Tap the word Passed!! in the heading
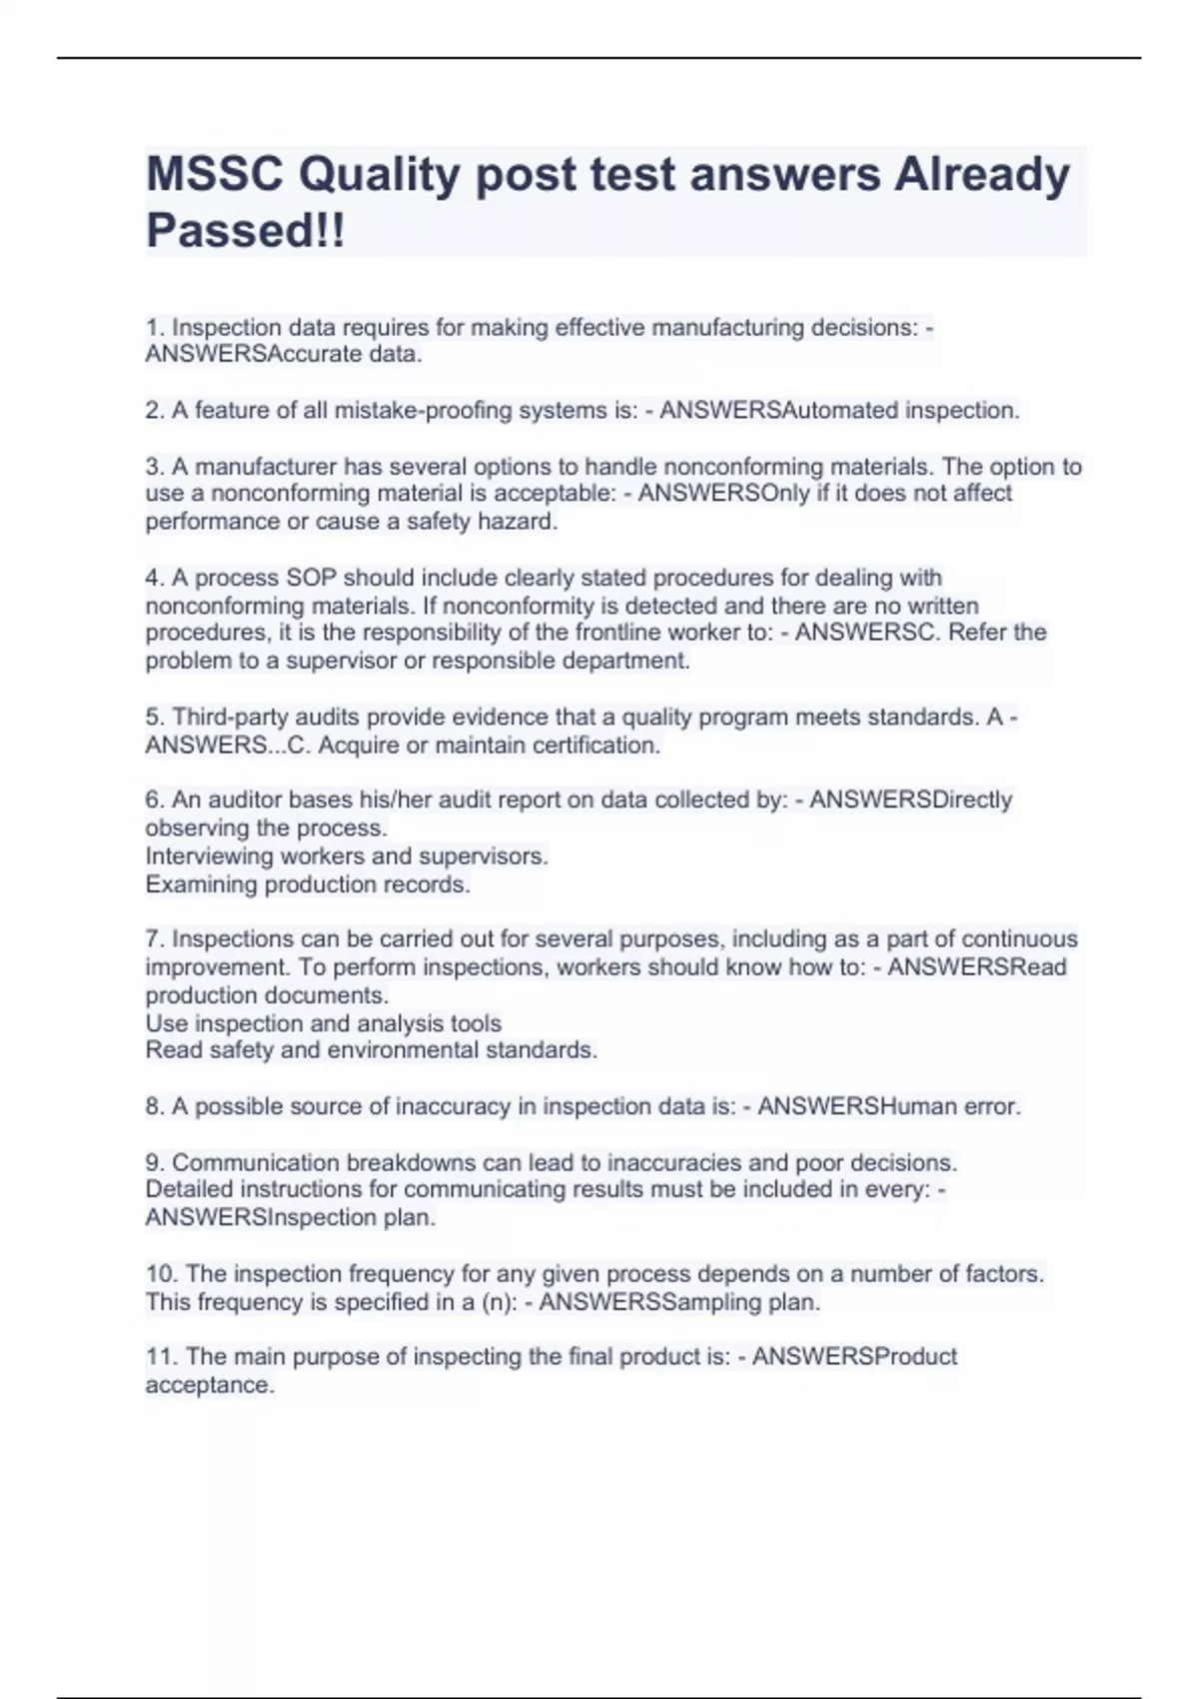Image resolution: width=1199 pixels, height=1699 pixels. [245, 231]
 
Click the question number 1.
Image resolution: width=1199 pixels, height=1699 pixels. [154, 328]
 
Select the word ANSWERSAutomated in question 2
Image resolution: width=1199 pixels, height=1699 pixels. [778, 411]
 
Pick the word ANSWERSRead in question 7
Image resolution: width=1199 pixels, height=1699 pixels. [977, 967]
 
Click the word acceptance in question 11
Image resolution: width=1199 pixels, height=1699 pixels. [209, 1385]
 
